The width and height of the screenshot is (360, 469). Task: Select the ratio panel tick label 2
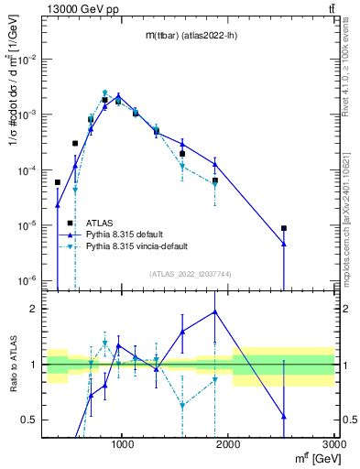34,309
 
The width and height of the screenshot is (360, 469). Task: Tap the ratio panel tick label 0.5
29,420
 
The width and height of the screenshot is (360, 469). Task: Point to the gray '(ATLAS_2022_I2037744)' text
190,274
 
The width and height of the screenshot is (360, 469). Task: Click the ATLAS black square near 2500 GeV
284,228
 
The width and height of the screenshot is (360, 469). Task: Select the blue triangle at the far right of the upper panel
284,244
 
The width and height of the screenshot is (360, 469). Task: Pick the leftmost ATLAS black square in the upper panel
58,182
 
